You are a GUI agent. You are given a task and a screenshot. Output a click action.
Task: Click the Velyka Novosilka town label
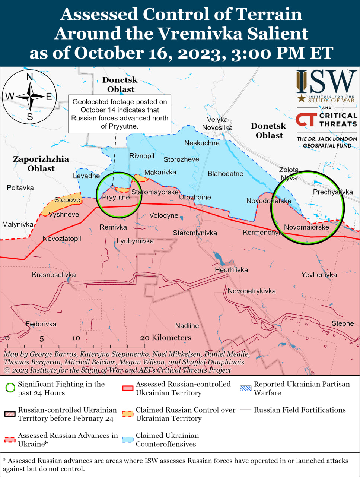[x=217, y=124]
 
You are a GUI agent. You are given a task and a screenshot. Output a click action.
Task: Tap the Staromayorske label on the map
[x=155, y=192]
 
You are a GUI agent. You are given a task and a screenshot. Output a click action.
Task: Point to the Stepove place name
[x=67, y=200]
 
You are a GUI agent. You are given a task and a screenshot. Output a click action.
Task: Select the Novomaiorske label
[x=306, y=227]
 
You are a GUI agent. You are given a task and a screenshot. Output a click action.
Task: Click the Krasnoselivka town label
[x=54, y=275]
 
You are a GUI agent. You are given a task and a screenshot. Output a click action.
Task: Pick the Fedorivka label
[x=41, y=324]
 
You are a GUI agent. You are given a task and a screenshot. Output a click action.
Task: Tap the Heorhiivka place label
[x=231, y=270]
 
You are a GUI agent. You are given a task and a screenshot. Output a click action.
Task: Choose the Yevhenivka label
[x=319, y=275]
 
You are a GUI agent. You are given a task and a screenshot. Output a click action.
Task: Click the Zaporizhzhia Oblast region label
[x=41, y=164]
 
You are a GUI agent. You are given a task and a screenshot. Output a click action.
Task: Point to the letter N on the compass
[x=30, y=77]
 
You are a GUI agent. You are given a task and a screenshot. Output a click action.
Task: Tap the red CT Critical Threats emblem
[x=306, y=120]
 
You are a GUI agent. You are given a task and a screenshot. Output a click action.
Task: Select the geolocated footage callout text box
[x=120, y=114]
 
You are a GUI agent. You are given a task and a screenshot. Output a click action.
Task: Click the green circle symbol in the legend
[x=10, y=388]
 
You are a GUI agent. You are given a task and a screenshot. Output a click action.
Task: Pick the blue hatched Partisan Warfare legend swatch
[x=245, y=388]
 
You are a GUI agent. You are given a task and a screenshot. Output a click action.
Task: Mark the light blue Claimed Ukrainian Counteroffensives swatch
[x=128, y=439]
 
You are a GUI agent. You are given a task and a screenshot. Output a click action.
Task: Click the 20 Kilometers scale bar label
[x=165, y=338]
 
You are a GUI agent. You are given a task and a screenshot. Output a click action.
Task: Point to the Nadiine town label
[x=187, y=326]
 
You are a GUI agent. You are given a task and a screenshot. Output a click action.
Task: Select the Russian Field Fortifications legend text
[x=300, y=410]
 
